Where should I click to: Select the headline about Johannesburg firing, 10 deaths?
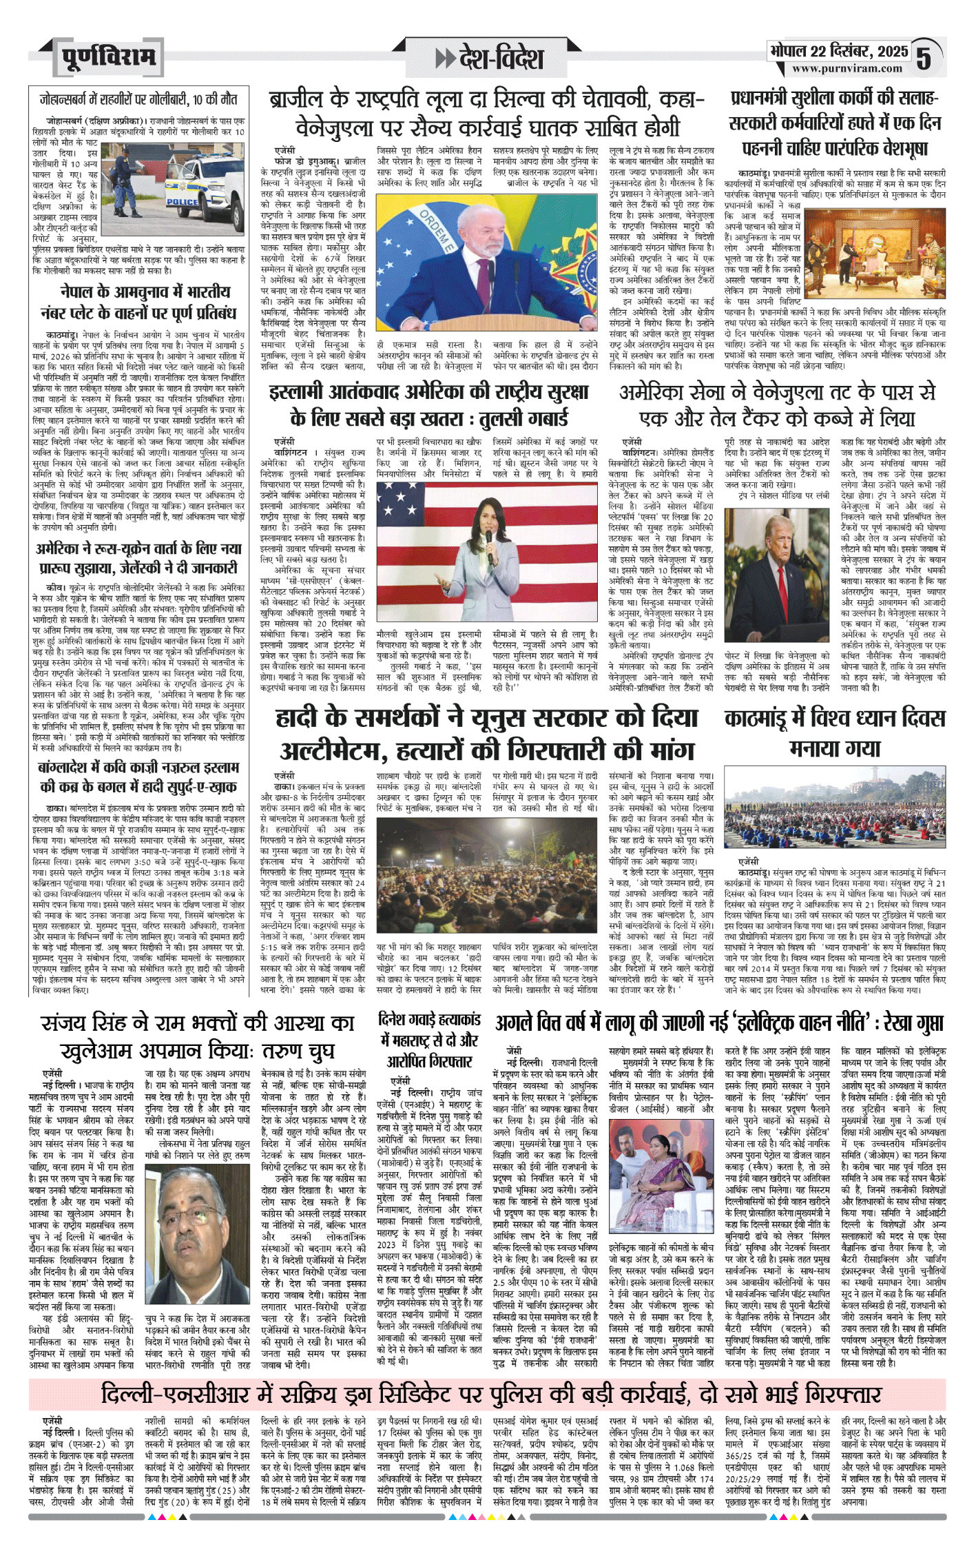pyautogui.click(x=138, y=100)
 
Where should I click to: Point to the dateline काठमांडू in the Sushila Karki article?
pyautogui.click(x=756, y=174)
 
